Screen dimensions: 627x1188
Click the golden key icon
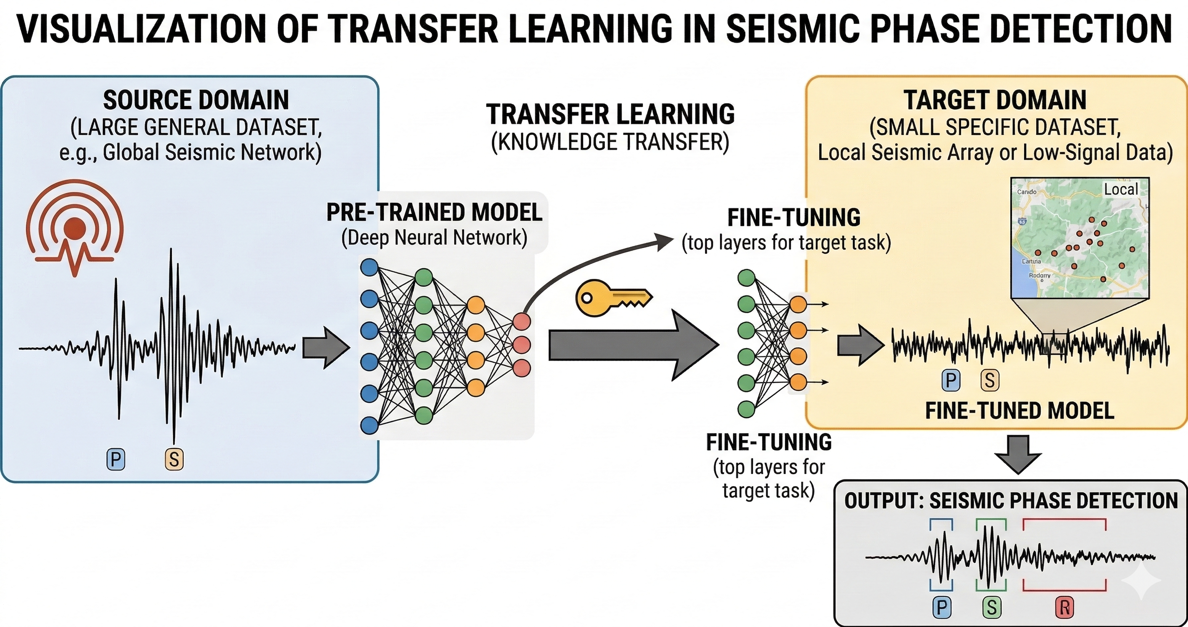point(613,298)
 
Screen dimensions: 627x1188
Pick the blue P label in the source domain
point(116,459)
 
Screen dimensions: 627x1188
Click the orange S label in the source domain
point(174,459)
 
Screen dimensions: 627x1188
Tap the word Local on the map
point(1121,189)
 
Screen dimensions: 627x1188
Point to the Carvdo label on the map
point(1027,192)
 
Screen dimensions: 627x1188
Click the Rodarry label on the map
point(1039,275)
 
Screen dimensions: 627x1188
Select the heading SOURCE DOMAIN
point(196,100)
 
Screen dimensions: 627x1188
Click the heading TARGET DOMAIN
point(995,100)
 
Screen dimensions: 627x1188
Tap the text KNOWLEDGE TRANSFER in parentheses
point(610,142)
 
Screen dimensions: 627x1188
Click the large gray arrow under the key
point(632,345)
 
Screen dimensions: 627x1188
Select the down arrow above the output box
point(1018,454)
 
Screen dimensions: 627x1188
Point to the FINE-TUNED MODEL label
point(1019,411)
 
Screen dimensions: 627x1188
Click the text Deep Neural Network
point(434,238)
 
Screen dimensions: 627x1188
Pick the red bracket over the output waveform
point(1065,524)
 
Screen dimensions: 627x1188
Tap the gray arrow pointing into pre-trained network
point(326,348)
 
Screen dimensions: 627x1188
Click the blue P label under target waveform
point(951,381)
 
